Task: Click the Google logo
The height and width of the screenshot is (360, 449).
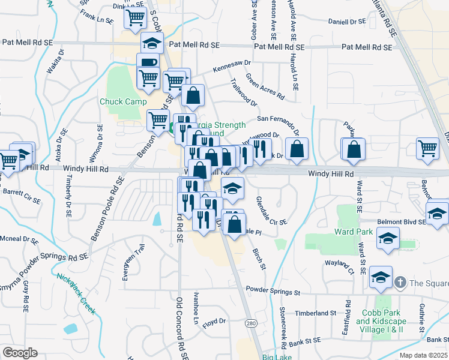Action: tap(20, 353)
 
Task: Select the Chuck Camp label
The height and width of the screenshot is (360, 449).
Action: tap(123, 101)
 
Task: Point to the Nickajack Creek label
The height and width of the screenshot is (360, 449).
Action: tap(76, 293)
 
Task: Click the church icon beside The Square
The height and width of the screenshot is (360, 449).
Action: tap(400, 282)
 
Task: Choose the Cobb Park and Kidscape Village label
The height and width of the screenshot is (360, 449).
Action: tap(380, 321)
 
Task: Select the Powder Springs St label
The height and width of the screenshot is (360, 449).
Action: tap(271, 292)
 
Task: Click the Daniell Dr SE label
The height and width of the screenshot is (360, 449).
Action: tap(346, 22)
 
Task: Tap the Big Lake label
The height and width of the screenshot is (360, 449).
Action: tap(277, 356)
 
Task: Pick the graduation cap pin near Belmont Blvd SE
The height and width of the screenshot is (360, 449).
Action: tap(437, 214)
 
